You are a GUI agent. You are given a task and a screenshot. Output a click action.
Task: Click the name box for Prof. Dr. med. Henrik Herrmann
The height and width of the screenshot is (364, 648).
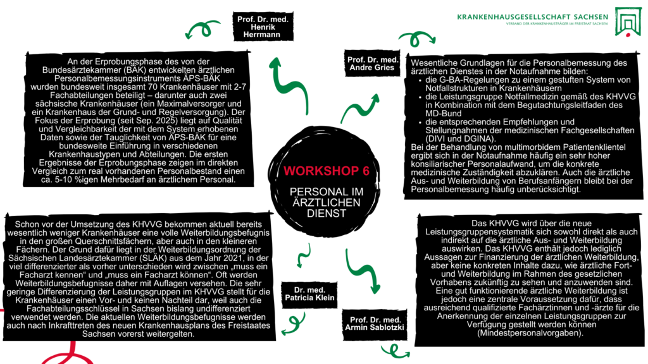coord(263,28)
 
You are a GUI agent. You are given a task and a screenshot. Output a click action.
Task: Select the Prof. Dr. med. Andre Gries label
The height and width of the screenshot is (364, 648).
coord(373,64)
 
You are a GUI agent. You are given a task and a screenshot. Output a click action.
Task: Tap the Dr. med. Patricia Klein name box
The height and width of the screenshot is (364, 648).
coord(309,294)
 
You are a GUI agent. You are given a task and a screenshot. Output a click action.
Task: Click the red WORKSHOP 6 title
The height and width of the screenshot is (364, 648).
coord(318,171)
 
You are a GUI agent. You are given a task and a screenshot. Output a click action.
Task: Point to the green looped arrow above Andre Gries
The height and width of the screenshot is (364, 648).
coord(414,38)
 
